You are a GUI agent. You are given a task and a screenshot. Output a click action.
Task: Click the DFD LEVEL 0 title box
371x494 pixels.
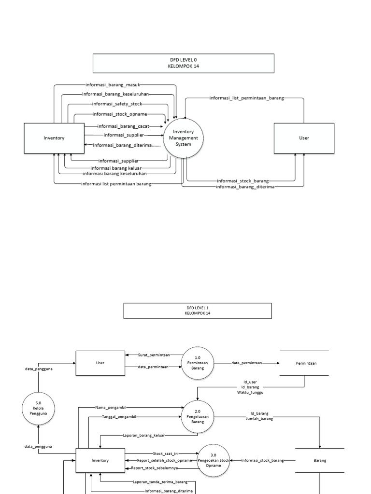pos(183,63)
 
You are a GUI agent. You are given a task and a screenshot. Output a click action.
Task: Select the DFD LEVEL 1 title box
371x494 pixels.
pos(198,311)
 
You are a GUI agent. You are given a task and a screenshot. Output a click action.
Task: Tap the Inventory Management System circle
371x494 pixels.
pos(183,137)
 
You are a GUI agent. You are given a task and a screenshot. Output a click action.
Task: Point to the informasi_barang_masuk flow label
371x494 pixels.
pos(112,85)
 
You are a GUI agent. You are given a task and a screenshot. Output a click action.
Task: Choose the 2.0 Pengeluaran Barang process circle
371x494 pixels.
pos(198,416)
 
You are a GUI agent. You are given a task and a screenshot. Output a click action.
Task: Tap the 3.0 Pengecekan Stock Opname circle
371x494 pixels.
pos(214,460)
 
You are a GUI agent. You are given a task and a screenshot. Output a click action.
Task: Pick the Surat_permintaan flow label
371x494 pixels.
pos(154,355)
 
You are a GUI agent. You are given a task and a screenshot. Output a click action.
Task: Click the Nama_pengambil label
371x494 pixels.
pos(114,407)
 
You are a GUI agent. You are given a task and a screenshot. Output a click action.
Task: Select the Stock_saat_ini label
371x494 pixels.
pos(166,453)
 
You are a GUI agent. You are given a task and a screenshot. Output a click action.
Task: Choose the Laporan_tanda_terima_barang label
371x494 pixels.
pos(160,481)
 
